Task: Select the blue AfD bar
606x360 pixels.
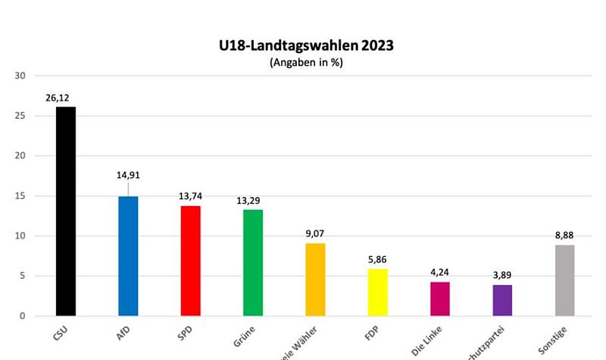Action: click(128, 255)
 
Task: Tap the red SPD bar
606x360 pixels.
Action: click(190, 260)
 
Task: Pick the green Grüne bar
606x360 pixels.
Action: click(252, 262)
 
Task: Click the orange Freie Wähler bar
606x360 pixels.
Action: click(315, 279)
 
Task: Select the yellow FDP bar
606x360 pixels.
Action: click(377, 292)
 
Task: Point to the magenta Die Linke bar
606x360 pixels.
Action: click(439, 299)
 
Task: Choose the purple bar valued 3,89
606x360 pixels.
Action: click(502, 300)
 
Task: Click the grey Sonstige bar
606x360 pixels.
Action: click(564, 280)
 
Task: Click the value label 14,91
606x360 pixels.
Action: click(128, 175)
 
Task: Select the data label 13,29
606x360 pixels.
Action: click(252, 201)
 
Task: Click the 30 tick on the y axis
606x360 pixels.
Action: click(20, 76)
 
